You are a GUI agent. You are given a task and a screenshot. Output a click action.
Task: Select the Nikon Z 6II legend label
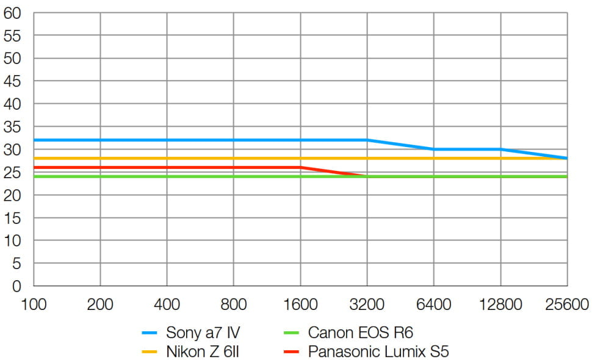pos(199,352)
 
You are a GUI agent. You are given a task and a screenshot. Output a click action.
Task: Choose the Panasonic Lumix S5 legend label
pos(378,352)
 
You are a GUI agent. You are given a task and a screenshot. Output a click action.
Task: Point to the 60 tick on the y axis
pos(13,13)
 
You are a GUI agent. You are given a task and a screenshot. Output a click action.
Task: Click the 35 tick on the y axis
pos(13,127)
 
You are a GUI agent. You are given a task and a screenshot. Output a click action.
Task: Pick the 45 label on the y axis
pos(13,81)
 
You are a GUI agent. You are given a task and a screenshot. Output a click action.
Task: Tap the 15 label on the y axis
pos(13,218)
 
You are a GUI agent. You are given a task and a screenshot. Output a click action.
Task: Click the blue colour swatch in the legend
pos(150,333)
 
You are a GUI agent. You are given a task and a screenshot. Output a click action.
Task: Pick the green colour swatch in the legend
pos(293,333)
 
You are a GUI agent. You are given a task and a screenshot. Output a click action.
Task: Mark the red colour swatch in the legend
pos(293,352)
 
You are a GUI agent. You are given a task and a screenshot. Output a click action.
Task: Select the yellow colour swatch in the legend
pos(150,352)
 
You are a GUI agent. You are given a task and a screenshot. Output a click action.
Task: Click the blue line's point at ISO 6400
pos(434,149)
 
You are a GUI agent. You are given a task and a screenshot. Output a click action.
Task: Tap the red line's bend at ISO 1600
pos(300,167)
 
